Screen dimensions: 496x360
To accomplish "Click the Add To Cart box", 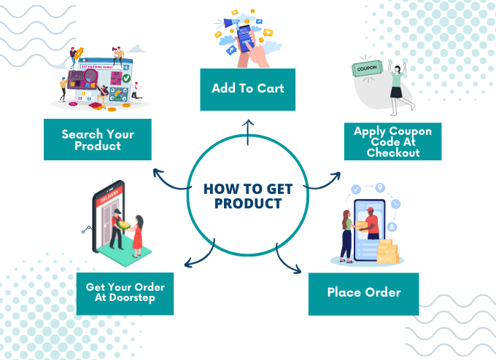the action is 248,90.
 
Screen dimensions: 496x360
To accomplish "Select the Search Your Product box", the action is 98,139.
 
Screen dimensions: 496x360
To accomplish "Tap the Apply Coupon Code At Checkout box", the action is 393,141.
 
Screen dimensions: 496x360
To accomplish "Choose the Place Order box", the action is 364,294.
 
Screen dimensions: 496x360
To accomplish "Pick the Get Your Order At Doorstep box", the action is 125,294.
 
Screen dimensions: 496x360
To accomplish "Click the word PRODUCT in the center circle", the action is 248,203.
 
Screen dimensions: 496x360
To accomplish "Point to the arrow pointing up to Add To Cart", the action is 248,132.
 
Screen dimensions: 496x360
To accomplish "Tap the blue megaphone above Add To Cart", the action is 232,23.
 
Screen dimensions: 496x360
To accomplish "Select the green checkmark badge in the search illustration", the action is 126,78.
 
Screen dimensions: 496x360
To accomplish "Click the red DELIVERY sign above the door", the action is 109,196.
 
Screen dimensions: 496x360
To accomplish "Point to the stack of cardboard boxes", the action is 387,251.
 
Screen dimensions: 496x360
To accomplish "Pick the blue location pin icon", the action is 380,188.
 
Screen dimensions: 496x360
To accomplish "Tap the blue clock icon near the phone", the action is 395,204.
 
